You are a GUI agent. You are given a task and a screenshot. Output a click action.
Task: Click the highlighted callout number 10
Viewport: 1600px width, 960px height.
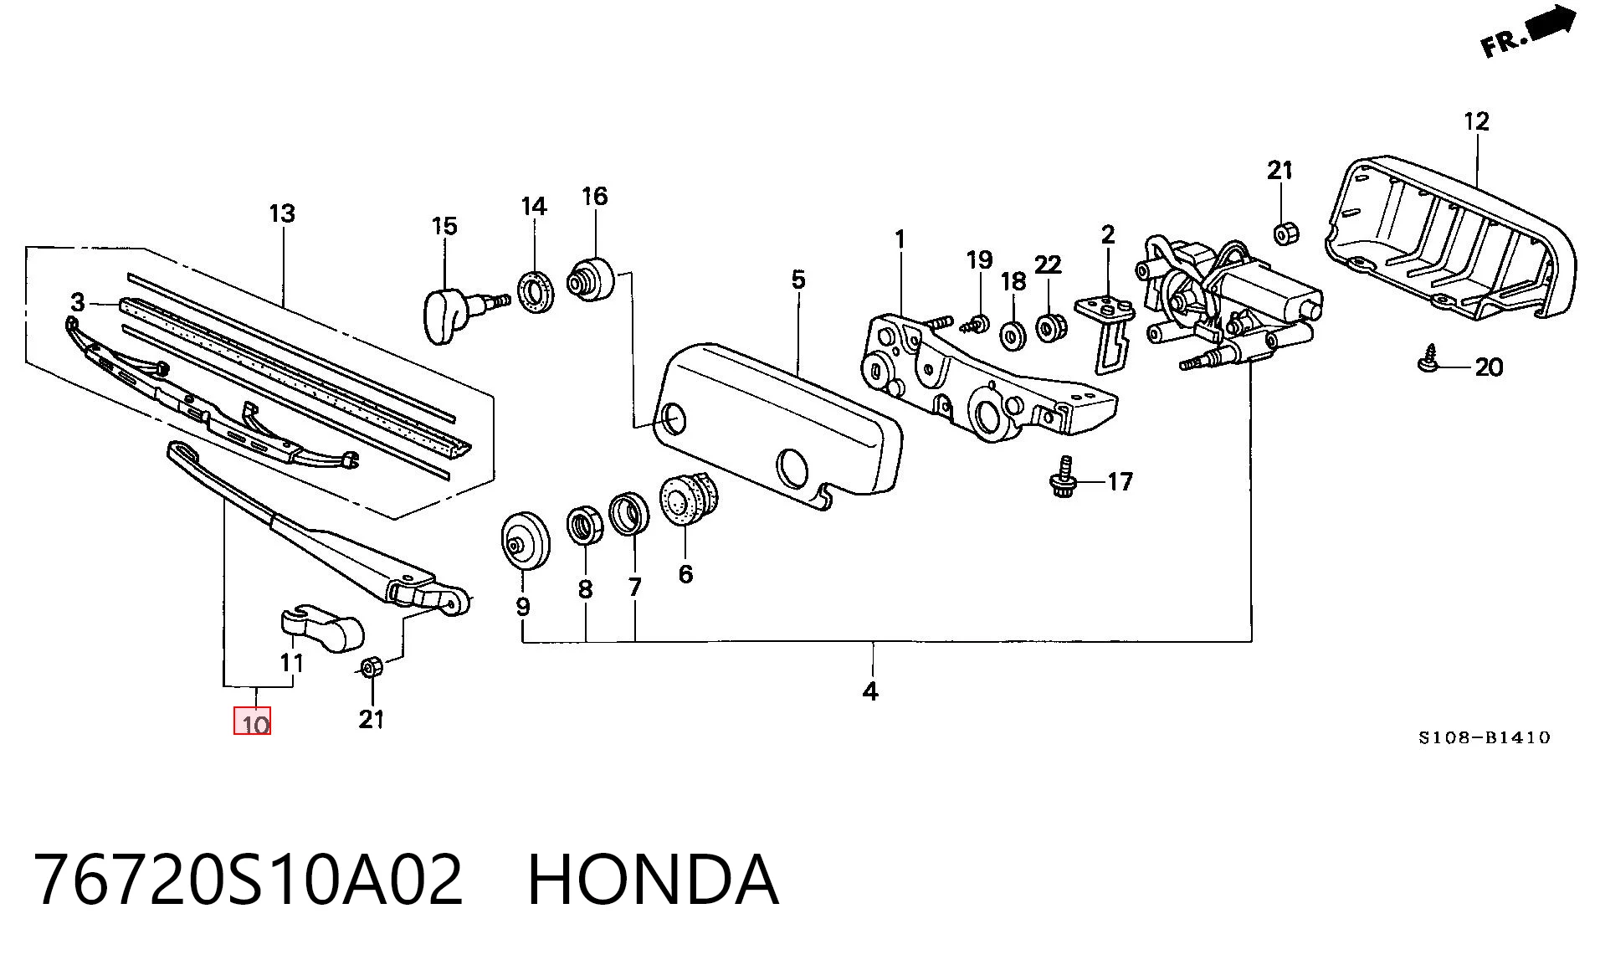coord(252,721)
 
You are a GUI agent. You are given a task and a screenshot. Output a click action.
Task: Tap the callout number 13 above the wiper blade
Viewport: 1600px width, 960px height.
coord(282,213)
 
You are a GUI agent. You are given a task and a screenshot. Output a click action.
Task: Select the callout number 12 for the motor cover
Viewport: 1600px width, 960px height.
coord(1477,121)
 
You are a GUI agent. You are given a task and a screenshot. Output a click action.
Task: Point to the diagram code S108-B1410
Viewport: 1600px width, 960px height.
coord(1484,737)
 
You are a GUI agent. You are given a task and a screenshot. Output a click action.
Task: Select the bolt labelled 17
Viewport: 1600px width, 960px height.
coord(1061,480)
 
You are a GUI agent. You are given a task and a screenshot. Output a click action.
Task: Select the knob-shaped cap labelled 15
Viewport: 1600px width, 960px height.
coord(459,311)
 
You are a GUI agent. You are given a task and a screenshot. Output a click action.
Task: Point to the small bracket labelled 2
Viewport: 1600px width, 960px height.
coord(1105,330)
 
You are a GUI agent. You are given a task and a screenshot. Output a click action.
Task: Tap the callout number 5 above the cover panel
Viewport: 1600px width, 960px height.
coord(797,280)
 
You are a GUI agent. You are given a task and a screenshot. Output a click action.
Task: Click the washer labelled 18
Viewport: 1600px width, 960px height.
coord(1014,335)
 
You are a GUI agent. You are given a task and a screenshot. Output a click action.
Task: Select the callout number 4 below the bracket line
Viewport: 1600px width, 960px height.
coord(870,691)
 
